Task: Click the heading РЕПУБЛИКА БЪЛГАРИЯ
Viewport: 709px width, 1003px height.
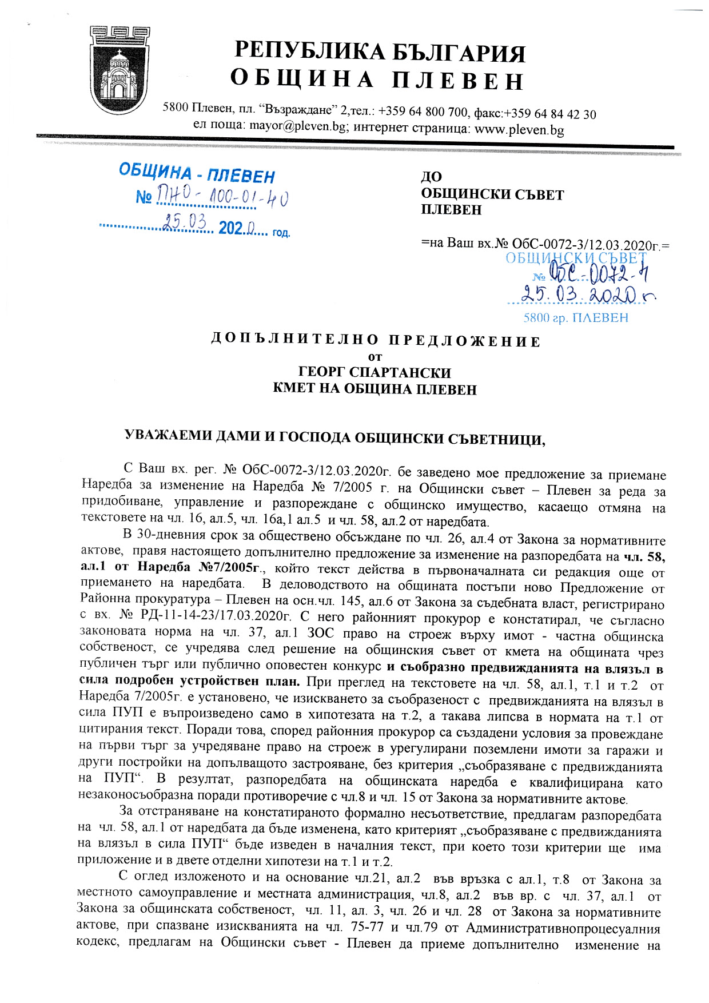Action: pos(380,52)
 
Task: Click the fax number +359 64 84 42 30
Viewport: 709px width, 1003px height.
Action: pos(549,114)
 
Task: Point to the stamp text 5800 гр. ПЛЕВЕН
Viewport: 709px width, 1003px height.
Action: pos(575,318)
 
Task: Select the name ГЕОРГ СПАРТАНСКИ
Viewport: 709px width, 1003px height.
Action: pos(375,373)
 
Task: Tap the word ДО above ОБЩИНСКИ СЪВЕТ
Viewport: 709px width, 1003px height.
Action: pos(432,177)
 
